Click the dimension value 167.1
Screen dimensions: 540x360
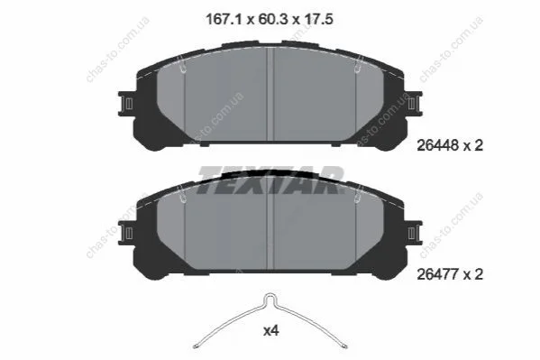click(224, 19)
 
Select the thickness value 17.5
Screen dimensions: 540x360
click(318, 19)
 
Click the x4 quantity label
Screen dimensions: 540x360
click(271, 331)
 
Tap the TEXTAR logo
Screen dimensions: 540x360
click(270, 180)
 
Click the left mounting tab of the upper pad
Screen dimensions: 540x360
click(126, 104)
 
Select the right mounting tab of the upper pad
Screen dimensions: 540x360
click(414, 104)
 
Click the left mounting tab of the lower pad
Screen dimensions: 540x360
click(126, 233)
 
